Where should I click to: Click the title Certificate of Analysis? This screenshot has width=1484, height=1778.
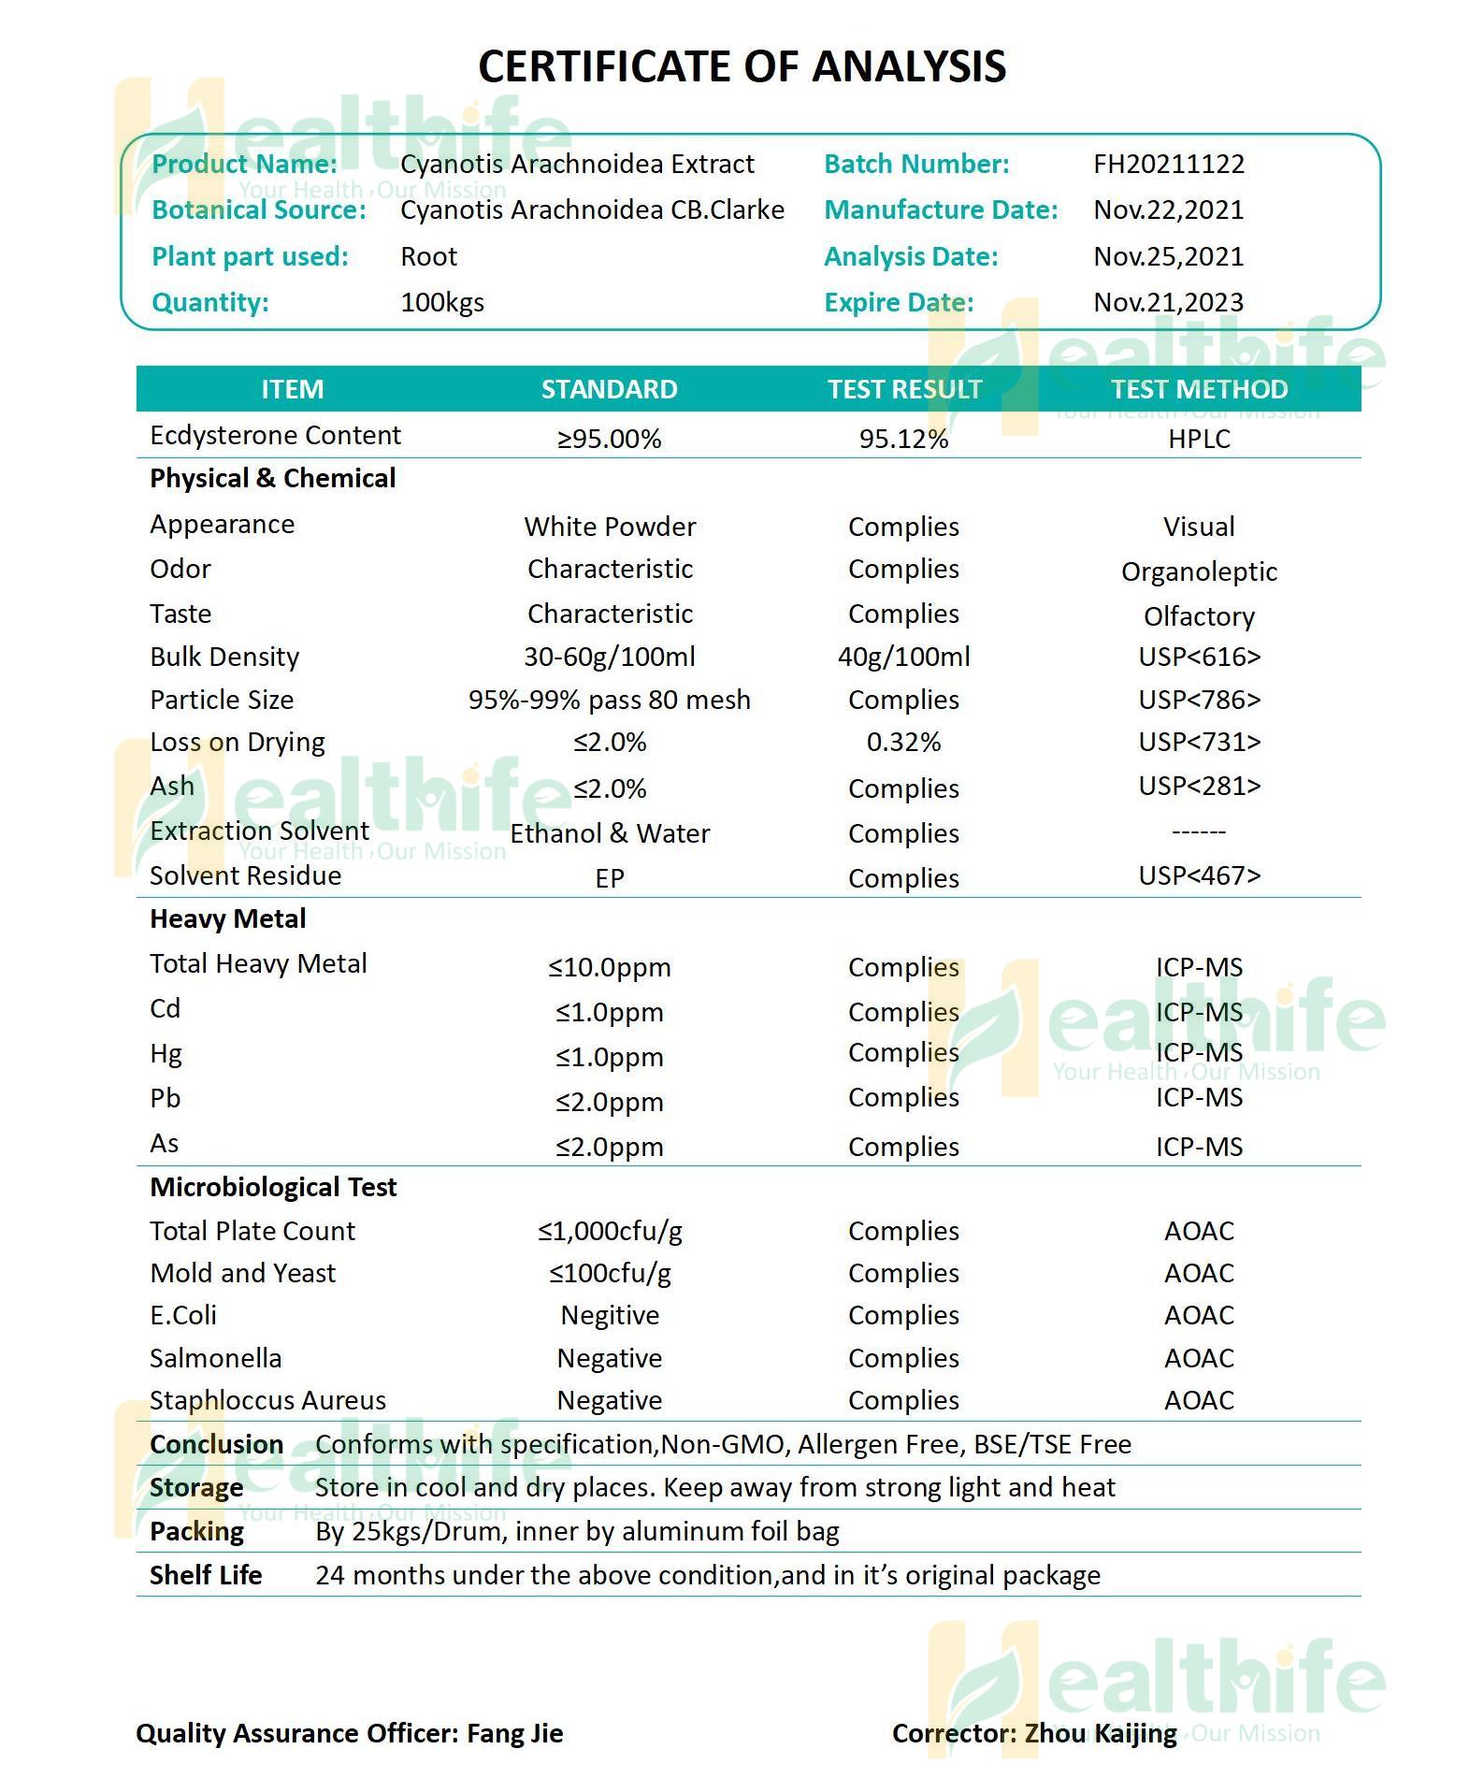coord(742,66)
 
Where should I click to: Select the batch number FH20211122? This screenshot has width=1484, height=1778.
coord(1169,165)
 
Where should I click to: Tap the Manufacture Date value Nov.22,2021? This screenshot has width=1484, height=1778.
coord(1169,210)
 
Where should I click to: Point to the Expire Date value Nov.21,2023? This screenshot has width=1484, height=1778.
coord(1169,303)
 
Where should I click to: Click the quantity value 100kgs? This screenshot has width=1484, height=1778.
coord(442,303)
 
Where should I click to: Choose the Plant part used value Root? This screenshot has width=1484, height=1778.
coord(429,257)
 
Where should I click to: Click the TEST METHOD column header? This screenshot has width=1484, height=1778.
coord(1199,389)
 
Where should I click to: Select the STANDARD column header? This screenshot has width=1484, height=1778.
coord(609,389)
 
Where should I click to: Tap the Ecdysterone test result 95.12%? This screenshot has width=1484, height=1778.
coord(903,440)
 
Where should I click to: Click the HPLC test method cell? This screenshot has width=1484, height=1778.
coord(1199,440)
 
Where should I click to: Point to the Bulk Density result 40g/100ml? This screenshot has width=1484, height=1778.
coord(903,658)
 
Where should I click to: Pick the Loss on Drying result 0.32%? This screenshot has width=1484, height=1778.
coord(903,743)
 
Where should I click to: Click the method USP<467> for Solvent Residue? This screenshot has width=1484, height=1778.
coord(1199,876)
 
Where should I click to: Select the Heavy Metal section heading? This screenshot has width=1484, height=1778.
coord(228,919)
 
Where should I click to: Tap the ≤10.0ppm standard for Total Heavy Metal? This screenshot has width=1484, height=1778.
coord(609,968)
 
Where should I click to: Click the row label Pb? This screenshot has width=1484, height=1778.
coord(165,1099)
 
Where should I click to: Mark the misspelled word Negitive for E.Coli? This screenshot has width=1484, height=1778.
coord(610,1316)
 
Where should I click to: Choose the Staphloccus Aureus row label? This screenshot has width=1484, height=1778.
coord(267,1401)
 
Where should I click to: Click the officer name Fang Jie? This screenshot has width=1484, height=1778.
coord(514,1734)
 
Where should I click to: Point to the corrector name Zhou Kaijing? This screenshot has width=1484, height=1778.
coord(1101,1734)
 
